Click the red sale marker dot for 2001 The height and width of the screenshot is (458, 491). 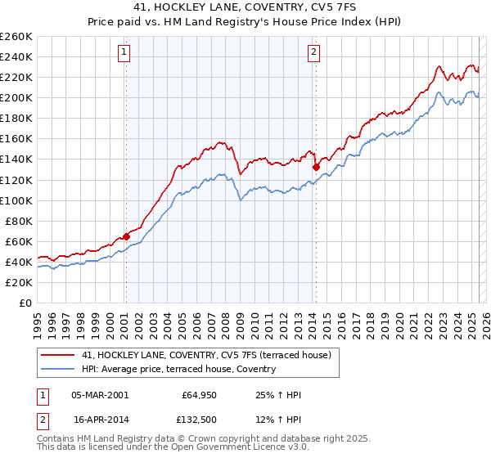126,236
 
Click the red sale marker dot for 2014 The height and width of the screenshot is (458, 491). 316,167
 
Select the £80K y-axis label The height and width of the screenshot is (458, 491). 18,221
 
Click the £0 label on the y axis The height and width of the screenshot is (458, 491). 25,303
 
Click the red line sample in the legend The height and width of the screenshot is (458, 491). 59,355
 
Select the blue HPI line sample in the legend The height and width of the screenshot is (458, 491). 59,369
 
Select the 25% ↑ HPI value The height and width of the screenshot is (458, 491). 278,395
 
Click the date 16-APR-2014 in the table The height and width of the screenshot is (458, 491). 101,420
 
